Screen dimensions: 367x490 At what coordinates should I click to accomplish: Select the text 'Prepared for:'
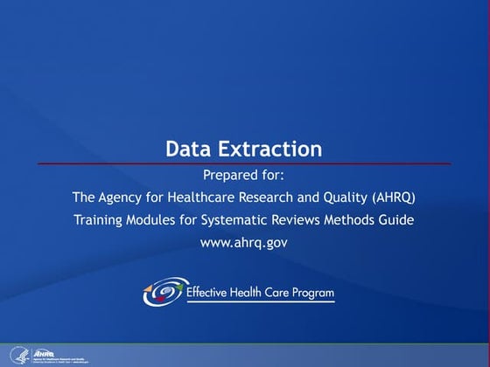point(244,173)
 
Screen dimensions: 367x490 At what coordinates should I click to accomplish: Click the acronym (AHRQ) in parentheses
point(395,197)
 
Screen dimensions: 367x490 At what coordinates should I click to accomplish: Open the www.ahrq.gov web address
point(244,242)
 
